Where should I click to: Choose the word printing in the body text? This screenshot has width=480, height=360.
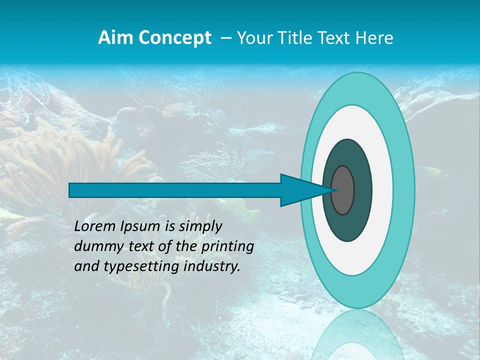(227, 247)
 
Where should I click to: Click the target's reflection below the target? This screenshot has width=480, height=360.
(357, 335)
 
